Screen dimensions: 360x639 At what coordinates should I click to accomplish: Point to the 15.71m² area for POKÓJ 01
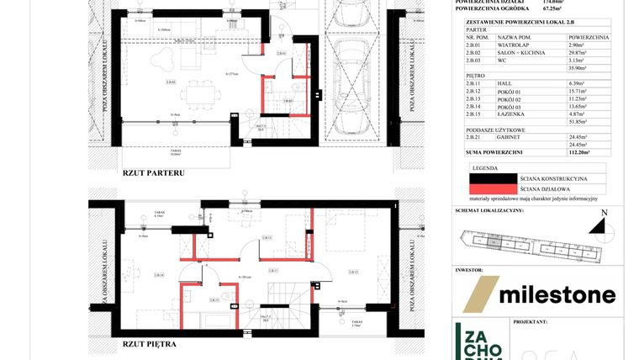581,91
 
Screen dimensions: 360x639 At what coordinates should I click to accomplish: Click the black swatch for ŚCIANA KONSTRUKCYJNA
491,178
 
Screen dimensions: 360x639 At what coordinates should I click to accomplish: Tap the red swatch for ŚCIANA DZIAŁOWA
491,188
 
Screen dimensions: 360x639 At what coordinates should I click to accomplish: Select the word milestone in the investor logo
557,294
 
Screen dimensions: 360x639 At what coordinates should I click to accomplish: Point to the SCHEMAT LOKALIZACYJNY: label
489,210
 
